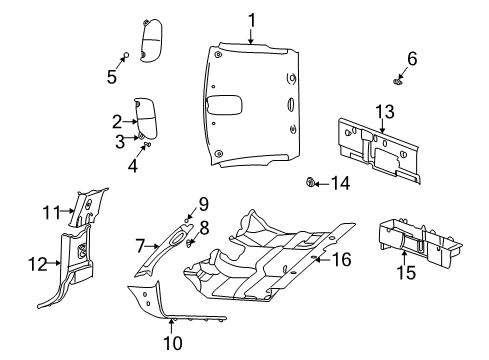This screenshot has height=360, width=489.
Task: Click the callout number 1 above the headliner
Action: (x=252, y=18)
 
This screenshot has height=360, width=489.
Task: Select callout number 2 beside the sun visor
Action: (x=117, y=122)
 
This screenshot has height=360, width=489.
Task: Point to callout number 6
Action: (x=410, y=57)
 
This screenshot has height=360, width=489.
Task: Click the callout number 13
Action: (x=383, y=108)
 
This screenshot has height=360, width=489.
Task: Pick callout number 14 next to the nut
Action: (x=341, y=183)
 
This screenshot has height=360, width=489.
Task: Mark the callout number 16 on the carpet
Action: (x=342, y=259)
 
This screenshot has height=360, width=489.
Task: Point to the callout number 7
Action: (x=141, y=243)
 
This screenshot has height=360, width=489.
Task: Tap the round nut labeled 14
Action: (x=311, y=182)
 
